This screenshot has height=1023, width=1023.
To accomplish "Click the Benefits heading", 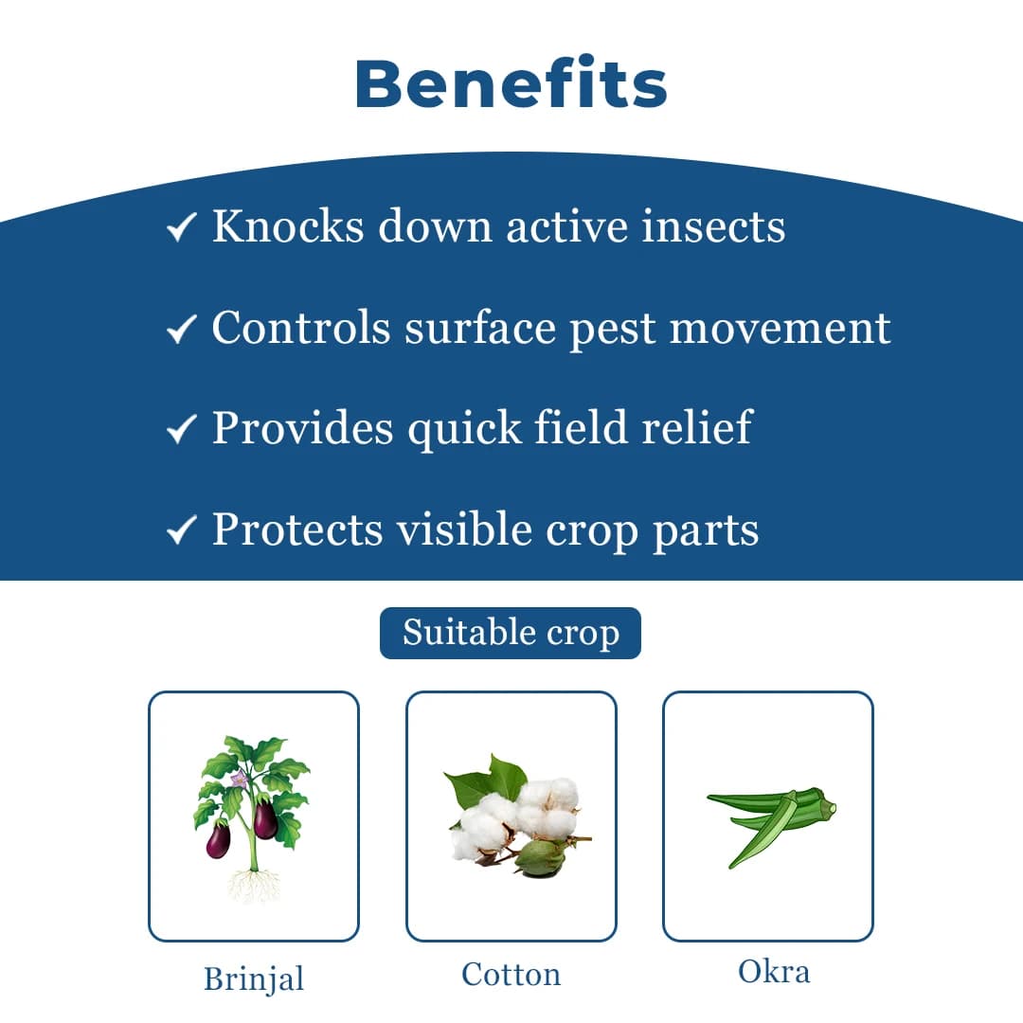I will point(511,83).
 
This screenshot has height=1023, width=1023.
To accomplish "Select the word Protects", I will point(296,529).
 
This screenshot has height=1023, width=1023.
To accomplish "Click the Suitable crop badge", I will point(511,633).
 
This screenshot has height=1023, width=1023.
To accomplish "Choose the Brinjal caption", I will point(254,978).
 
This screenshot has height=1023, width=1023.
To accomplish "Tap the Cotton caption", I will point(511,975).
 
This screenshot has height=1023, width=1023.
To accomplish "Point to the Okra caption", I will point(773,971).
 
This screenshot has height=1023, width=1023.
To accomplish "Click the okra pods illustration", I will point(771,822).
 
